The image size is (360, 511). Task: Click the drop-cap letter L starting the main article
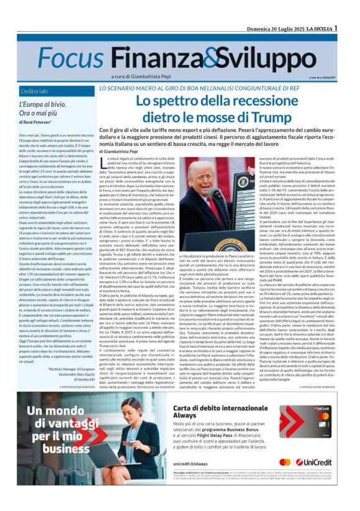click(x=104, y=163)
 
